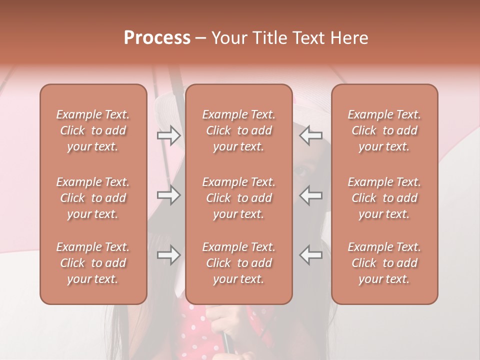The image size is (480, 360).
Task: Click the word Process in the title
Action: coord(157,38)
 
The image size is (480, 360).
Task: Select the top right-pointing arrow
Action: coord(169,135)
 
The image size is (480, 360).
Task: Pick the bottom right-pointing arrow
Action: coord(169,255)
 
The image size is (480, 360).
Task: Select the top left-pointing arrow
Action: coord(311,135)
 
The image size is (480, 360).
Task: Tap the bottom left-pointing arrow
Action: coord(311,255)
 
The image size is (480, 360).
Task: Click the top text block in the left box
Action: coord(93,130)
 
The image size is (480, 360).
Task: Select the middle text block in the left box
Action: coord(93,198)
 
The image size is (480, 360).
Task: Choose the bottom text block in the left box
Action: coord(93,263)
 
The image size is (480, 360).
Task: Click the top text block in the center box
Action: coord(239,130)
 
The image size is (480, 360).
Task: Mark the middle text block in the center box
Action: coord(239,198)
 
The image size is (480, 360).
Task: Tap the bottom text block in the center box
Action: coord(239,263)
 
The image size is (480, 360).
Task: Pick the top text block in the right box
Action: coord(384,130)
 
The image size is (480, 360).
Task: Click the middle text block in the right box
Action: coord(384,198)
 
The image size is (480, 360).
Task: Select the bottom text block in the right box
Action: coord(384,263)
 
